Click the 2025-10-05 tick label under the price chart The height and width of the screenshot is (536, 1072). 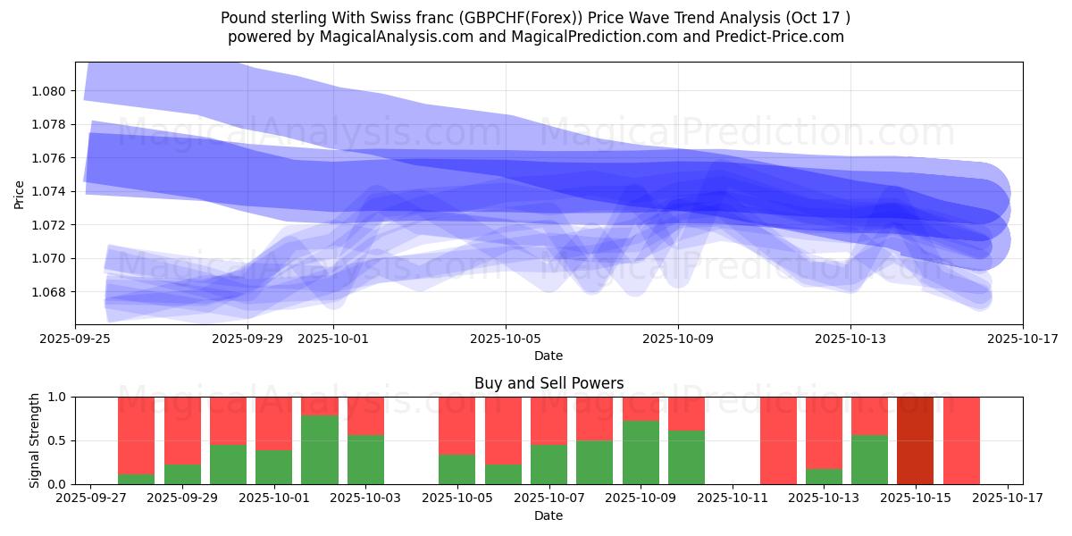[x=506, y=339]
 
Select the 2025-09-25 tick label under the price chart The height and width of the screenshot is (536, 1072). [x=75, y=339]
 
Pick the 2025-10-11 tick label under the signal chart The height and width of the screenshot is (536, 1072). [x=732, y=498]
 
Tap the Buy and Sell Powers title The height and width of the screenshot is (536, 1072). [x=549, y=383]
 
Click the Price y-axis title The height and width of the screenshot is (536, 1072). [x=20, y=194]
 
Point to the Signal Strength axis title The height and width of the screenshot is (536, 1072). [x=35, y=440]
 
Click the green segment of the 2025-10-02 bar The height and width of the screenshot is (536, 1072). [x=320, y=449]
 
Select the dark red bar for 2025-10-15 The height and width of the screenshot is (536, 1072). [x=915, y=440]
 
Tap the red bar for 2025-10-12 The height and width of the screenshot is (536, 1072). [x=778, y=440]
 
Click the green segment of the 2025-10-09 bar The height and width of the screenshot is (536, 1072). [x=641, y=452]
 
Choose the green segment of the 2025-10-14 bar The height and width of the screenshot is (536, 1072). [x=869, y=459]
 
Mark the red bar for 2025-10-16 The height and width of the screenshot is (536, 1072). [x=961, y=440]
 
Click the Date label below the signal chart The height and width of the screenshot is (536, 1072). [x=549, y=515]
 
